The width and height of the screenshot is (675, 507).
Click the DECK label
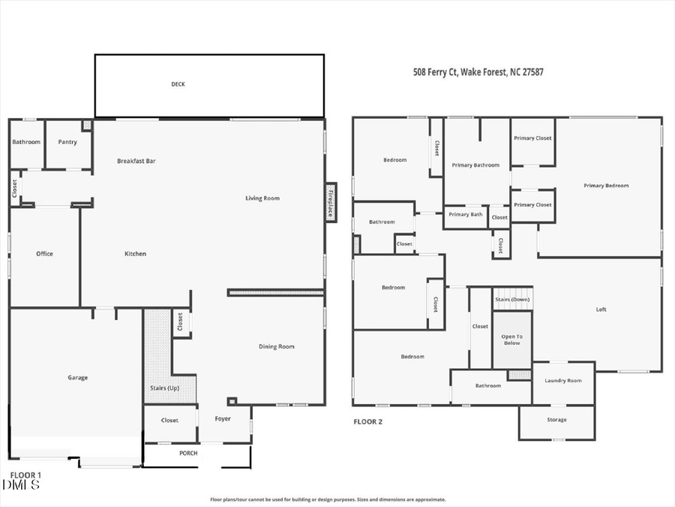(x=178, y=84)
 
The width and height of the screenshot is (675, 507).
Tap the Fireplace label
(x=329, y=202)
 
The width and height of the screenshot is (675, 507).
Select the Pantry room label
(x=67, y=141)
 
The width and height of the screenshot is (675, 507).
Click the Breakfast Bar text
(x=136, y=161)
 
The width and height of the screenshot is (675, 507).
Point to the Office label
(x=44, y=254)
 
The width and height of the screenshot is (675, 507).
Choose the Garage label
(x=77, y=378)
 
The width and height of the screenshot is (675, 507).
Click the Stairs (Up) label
(x=164, y=388)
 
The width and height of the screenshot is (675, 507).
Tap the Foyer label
(x=223, y=418)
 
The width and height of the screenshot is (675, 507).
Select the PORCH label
(x=188, y=454)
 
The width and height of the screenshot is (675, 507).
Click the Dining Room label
(x=276, y=346)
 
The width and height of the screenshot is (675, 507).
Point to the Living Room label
(x=262, y=198)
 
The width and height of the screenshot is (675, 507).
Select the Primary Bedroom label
(x=606, y=186)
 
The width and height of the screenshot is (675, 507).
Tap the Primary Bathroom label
(x=475, y=165)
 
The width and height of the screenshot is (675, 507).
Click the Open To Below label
(x=512, y=340)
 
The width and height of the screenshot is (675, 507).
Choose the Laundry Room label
(x=562, y=381)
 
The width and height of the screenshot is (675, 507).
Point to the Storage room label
(x=556, y=420)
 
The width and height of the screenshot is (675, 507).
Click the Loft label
(x=601, y=309)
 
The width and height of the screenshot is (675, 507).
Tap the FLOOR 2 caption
(x=367, y=422)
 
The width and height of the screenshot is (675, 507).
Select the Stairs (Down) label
(x=512, y=300)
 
